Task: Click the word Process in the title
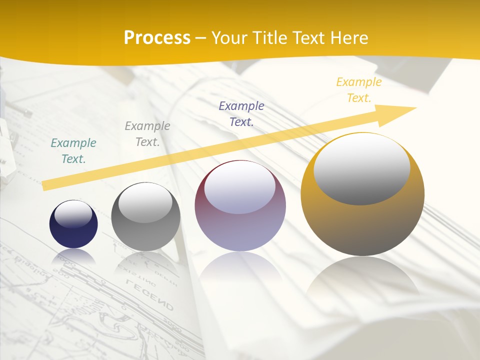coord(157,37)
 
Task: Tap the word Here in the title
coord(348,37)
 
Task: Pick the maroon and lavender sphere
coord(240,225)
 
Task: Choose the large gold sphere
coord(362,220)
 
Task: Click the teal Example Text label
coord(73,150)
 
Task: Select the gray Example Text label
coord(147,133)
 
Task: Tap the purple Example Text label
coord(241,113)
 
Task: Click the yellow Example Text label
coord(359,89)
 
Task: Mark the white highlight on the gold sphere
coord(361,168)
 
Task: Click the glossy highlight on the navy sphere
coord(73,214)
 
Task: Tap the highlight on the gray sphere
coord(145,202)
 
